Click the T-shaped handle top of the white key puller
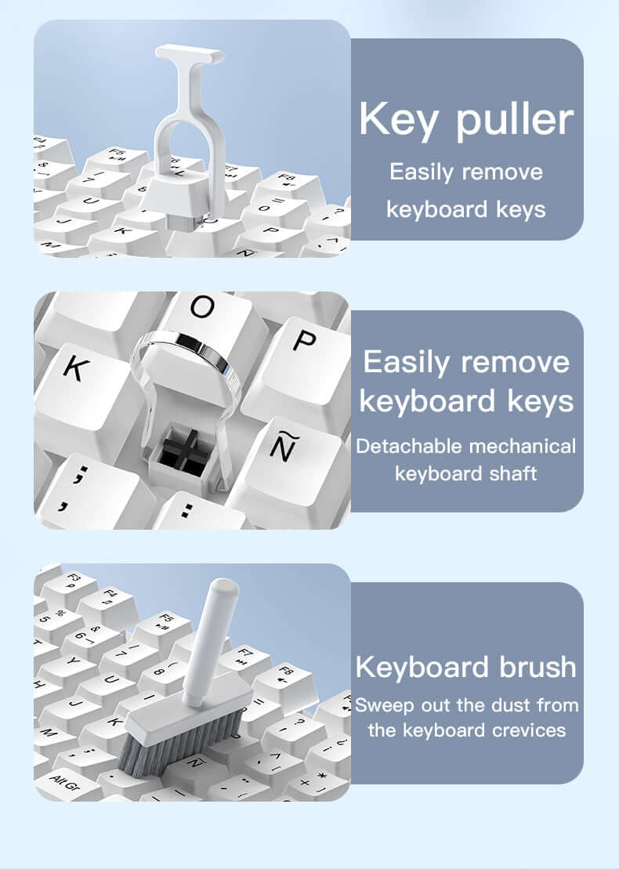coord(189,54)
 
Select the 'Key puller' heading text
coord(466,119)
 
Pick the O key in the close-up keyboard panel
coord(202,313)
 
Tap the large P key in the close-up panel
coord(302,345)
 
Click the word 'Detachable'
coord(409,447)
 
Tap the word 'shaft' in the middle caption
coord(512,473)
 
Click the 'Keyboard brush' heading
coord(465,667)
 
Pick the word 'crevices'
coord(526,730)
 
